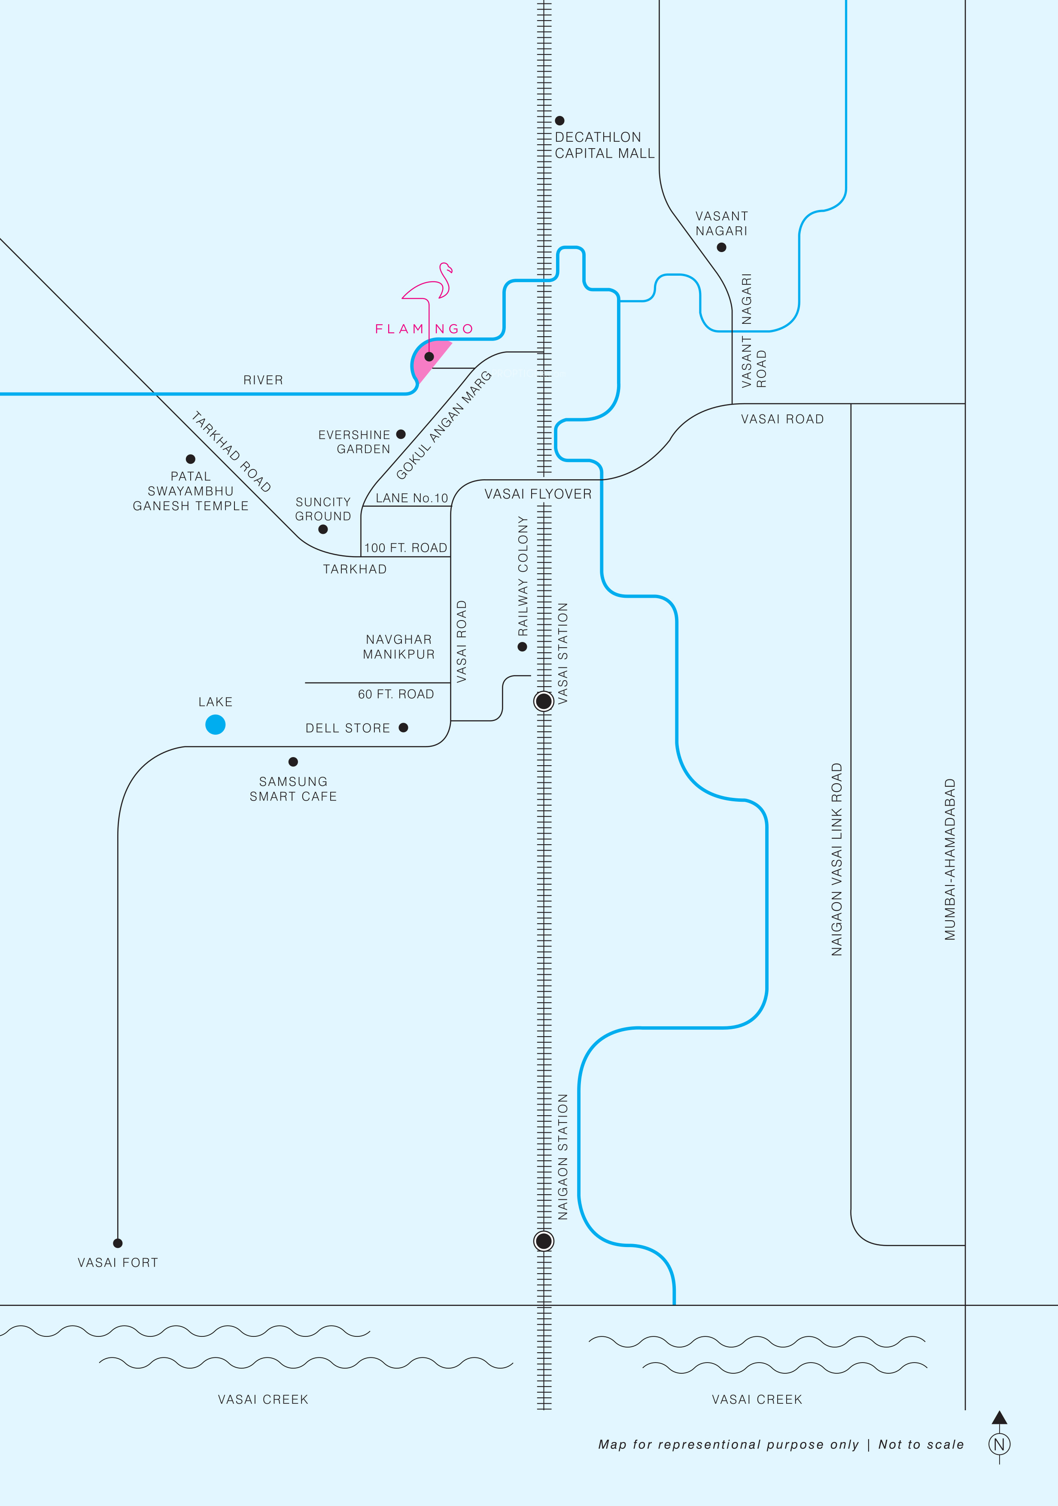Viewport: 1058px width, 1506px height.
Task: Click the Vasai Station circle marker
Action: coord(544,701)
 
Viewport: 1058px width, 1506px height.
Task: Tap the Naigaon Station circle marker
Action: coord(544,1241)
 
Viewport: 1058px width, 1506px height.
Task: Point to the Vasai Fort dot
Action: coord(118,1243)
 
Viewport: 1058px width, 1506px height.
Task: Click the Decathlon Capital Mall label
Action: coord(604,145)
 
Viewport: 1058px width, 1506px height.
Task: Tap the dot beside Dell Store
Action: coord(403,727)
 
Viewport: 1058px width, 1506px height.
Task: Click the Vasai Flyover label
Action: coord(538,494)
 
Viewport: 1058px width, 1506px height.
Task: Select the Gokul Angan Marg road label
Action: coord(444,425)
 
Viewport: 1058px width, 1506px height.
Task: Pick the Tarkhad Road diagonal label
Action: coord(231,451)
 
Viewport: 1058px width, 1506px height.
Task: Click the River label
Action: coord(263,380)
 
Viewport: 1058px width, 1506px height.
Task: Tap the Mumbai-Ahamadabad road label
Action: coord(950,859)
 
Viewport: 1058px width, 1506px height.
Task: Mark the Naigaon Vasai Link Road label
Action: coord(836,859)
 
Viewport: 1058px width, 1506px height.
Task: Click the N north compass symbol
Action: coord(999,1444)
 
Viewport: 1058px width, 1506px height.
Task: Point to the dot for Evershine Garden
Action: coord(401,434)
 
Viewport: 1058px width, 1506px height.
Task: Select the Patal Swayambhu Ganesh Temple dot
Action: coord(190,459)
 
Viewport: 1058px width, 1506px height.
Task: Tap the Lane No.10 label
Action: coord(411,498)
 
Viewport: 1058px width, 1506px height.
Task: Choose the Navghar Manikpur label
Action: coord(399,647)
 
